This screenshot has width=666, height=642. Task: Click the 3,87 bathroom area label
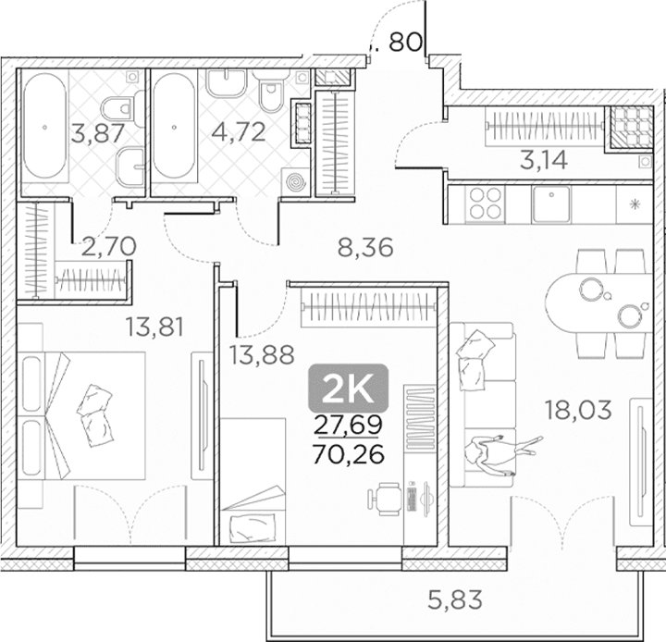(x=98, y=132)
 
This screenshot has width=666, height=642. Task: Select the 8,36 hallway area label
(x=365, y=248)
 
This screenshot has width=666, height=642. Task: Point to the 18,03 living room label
(x=578, y=411)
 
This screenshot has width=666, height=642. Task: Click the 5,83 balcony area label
(x=455, y=600)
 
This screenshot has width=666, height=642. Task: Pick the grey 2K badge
(x=349, y=389)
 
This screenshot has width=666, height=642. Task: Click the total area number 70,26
(x=349, y=454)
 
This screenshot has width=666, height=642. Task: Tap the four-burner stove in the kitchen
(x=485, y=204)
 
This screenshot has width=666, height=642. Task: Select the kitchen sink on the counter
(x=551, y=204)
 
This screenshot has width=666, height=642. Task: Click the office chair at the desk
(x=385, y=499)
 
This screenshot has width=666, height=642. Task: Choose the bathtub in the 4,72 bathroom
(x=173, y=126)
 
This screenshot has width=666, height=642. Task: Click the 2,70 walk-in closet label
(x=108, y=246)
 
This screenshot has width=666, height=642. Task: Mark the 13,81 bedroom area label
(x=154, y=327)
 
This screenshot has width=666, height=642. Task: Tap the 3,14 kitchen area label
(x=544, y=160)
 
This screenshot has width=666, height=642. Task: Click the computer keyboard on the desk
(x=411, y=500)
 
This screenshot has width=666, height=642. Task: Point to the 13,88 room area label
(x=262, y=354)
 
